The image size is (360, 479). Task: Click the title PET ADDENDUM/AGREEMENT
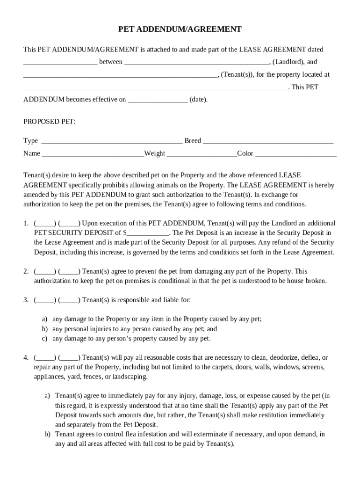pyautogui.click(x=180, y=29)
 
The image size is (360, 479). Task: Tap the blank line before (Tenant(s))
pyautogui.click(x=120, y=75)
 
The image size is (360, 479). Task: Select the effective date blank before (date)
pyautogui.click(x=158, y=100)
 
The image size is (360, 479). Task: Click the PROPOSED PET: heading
pyautogui.click(x=49, y=122)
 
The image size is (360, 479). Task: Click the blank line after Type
pyautogui.click(x=112, y=141)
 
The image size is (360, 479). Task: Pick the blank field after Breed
pyautogui.click(x=268, y=141)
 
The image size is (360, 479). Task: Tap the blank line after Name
pyautogui.click(x=93, y=154)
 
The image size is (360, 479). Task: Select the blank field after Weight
pyautogui.click(x=202, y=154)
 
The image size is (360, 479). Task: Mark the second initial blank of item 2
pyautogui.click(x=69, y=271)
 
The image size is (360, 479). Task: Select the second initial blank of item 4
pyautogui.click(x=69, y=358)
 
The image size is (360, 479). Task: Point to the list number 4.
pyautogui.click(x=26, y=358)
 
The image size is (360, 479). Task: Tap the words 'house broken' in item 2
pyautogui.click(x=308, y=281)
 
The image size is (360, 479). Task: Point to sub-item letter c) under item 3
pyautogui.click(x=45, y=338)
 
